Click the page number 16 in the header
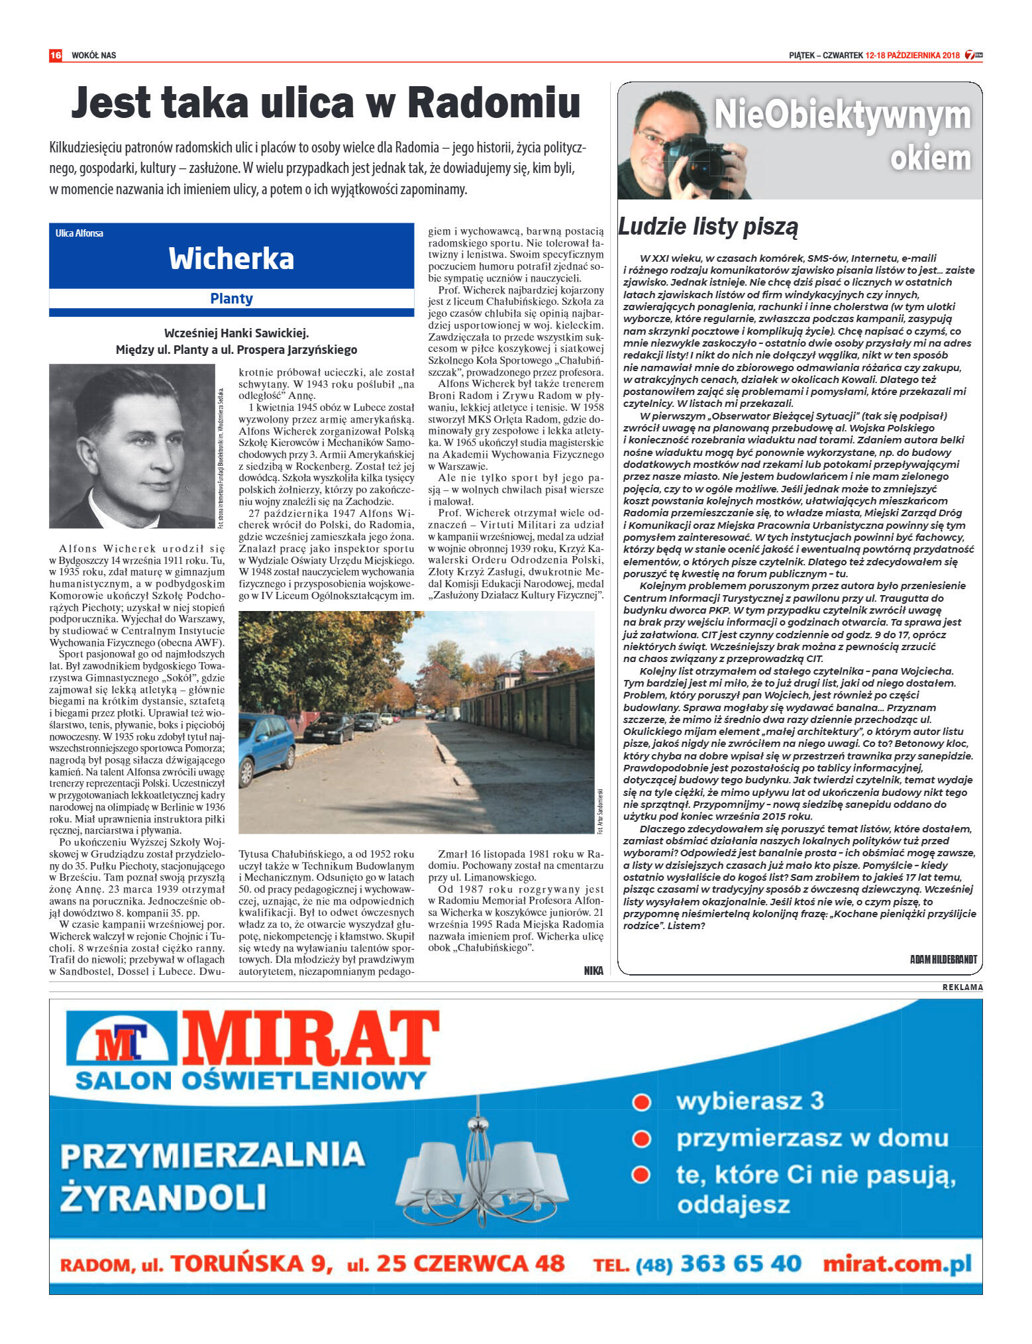[x=56, y=55]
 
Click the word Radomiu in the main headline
[x=493, y=103]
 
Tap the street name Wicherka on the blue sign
[x=231, y=258]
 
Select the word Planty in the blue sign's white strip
[x=231, y=299]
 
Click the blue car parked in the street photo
[x=265, y=748]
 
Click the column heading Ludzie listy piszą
[x=708, y=227]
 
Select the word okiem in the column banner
[x=930, y=158]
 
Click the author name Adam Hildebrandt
[x=943, y=960]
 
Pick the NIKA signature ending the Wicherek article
[x=593, y=970]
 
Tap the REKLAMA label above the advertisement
[x=962, y=987]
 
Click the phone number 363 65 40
[x=741, y=1263]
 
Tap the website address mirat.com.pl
[x=897, y=1263]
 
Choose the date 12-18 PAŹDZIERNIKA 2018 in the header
[x=912, y=55]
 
